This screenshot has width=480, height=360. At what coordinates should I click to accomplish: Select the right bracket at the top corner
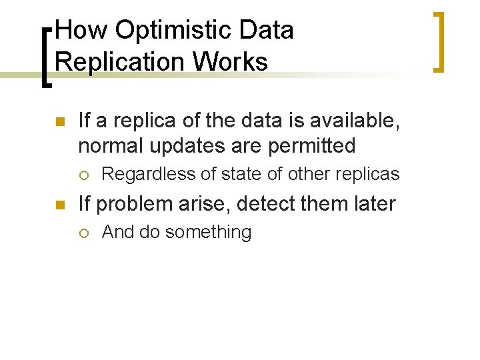[x=438, y=41]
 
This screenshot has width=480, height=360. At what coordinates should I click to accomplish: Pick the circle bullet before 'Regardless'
[x=83, y=175]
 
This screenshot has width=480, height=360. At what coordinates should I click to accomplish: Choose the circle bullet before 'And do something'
[x=83, y=233]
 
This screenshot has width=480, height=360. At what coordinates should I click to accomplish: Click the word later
[x=370, y=203]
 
